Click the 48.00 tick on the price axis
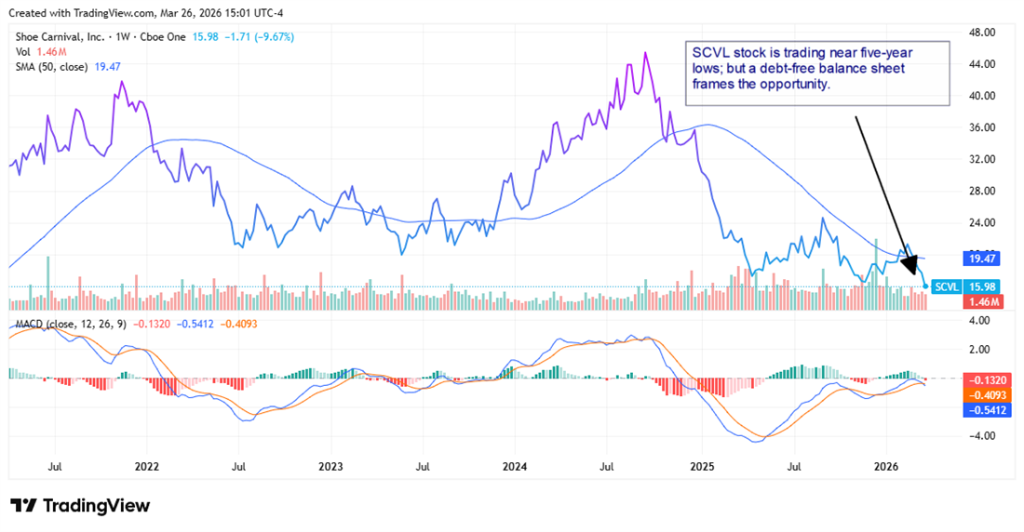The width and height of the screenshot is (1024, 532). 983,33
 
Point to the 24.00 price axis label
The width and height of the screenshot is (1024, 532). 983,223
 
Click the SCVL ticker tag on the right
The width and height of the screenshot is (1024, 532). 947,286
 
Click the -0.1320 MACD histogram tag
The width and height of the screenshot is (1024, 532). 983,379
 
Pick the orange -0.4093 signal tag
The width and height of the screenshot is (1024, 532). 983,394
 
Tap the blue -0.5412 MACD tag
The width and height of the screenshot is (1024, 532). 983,409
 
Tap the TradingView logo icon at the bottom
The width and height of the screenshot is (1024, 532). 24,506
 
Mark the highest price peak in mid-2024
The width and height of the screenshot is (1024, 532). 646,53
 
